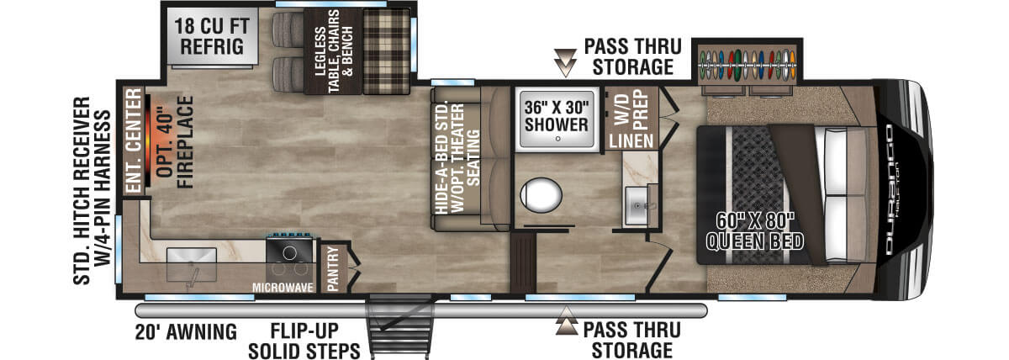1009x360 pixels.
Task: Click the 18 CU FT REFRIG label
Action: (x=212, y=36)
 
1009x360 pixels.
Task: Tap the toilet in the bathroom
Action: (x=541, y=195)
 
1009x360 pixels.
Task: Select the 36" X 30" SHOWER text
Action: (x=557, y=116)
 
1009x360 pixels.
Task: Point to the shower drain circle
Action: (x=557, y=139)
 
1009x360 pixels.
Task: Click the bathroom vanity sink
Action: (x=639, y=206)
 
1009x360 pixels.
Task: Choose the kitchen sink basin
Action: (x=192, y=264)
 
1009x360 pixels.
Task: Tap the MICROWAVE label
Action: (x=283, y=288)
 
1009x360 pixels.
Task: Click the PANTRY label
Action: (x=332, y=268)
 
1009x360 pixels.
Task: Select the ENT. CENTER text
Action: (x=134, y=140)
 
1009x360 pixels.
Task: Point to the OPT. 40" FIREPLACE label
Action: (x=175, y=142)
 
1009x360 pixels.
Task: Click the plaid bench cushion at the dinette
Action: (x=387, y=51)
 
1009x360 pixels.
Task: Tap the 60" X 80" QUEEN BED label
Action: (x=754, y=231)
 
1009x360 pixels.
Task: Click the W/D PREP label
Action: (x=631, y=109)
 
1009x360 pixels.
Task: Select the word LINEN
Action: (x=631, y=141)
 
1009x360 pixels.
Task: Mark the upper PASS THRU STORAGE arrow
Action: (x=565, y=62)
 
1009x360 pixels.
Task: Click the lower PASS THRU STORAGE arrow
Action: (x=566, y=320)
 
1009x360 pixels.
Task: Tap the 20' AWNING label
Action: (x=186, y=332)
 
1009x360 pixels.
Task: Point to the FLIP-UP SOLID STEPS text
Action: (x=304, y=341)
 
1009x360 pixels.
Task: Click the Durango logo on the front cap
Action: (x=890, y=190)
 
